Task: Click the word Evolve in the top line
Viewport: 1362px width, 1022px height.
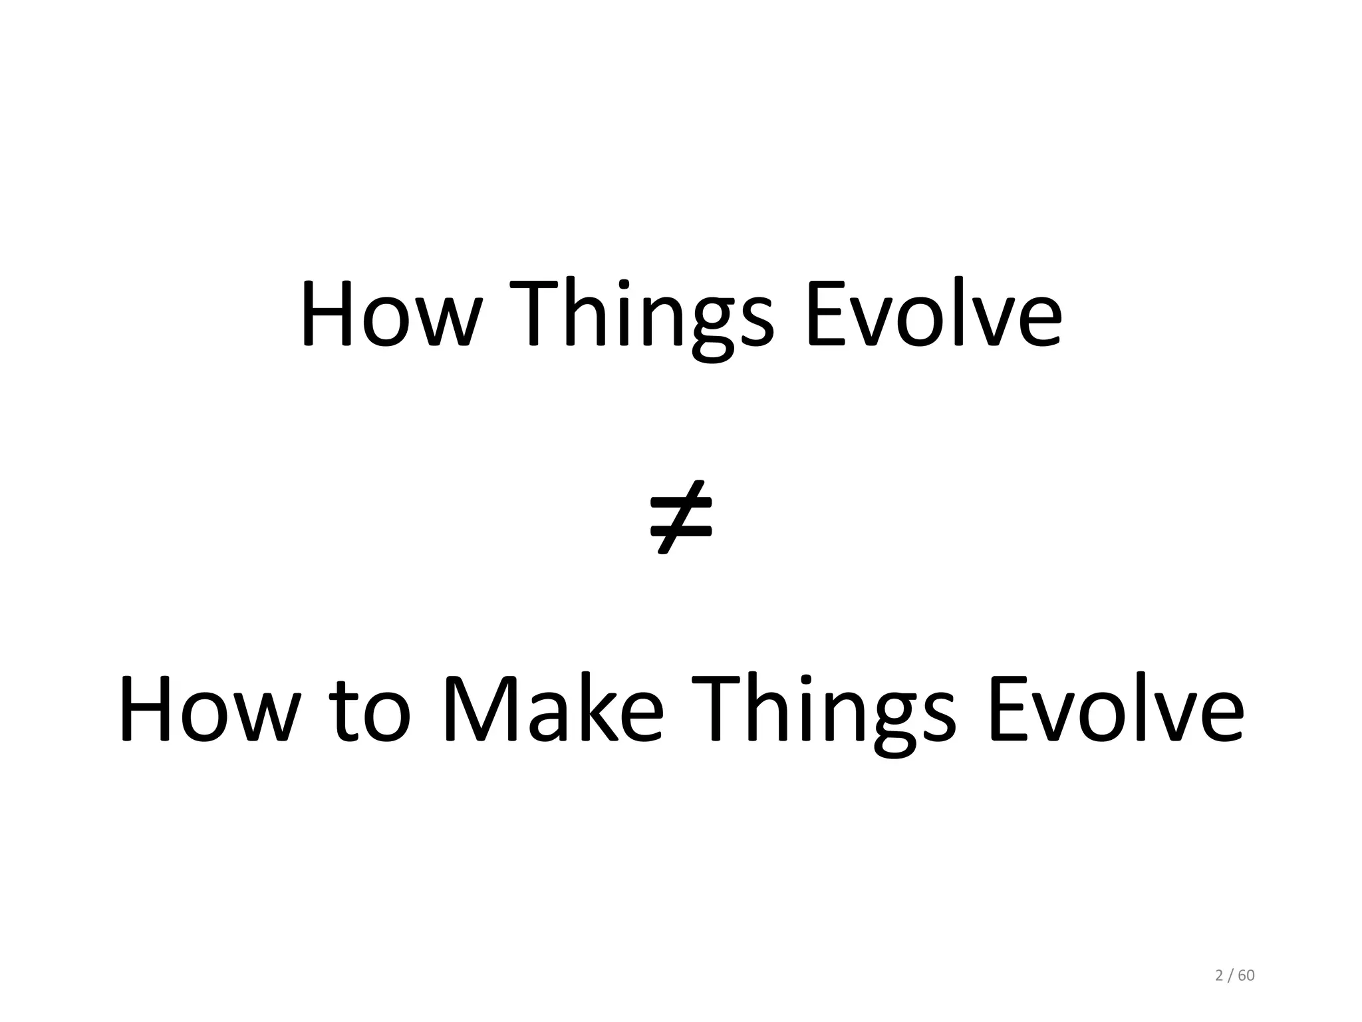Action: (x=934, y=313)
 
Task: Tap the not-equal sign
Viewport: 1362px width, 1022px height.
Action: (x=680, y=517)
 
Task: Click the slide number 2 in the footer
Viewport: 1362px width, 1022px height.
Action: (x=1219, y=976)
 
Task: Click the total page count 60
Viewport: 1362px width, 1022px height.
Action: (x=1246, y=976)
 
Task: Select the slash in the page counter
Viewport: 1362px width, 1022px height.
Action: (x=1231, y=976)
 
